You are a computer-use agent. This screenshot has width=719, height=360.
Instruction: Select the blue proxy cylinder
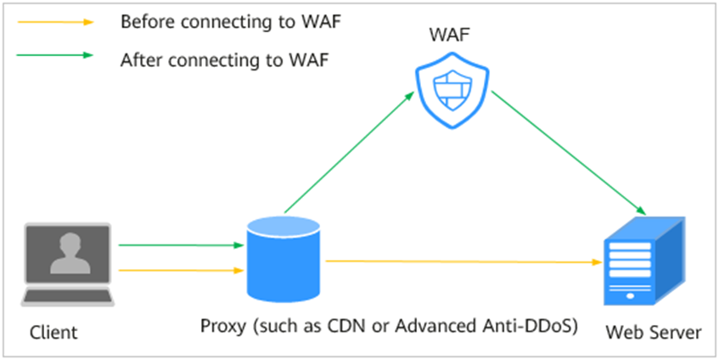coord(285,257)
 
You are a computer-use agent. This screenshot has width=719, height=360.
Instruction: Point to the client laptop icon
coord(68,264)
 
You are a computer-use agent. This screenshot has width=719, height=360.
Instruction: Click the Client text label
coord(53,332)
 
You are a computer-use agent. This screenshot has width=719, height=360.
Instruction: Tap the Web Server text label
coord(654,332)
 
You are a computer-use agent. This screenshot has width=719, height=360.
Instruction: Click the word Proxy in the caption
coord(223,325)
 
